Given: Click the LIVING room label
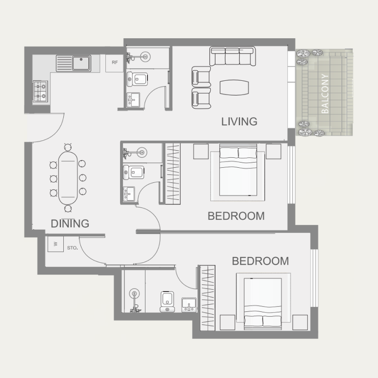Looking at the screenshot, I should pos(239,121).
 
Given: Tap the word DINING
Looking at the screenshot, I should pos(70,223).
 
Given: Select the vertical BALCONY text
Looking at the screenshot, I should pos(325,94).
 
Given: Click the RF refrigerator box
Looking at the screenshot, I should pos(114,62).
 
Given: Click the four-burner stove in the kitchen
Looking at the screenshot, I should pos(40,91).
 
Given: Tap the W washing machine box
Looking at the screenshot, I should pos(55,244).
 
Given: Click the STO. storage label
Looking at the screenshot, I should pos(72,247).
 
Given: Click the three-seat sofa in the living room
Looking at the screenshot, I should pos(232,56).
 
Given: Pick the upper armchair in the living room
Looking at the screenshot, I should pos(200,76).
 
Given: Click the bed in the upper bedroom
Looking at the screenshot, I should pos(237,172).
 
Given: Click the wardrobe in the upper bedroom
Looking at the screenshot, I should pos(172,173).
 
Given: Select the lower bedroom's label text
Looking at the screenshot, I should pos(260,261).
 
